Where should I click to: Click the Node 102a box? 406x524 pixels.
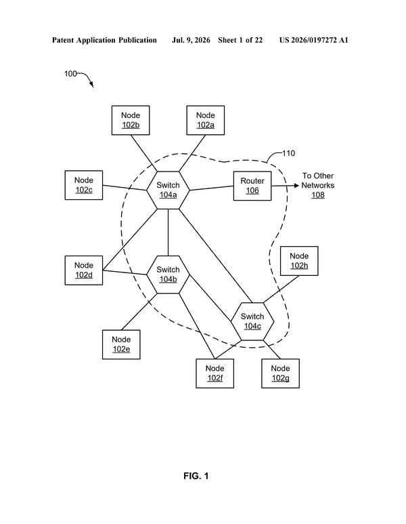pyautogui.click(x=205, y=120)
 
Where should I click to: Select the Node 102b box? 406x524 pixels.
pyautogui.click(x=131, y=120)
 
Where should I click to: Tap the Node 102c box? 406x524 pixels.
pyautogui.click(x=84, y=185)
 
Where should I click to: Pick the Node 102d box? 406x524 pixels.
pyautogui.click(x=84, y=270)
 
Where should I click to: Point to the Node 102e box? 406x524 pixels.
pyautogui.click(x=121, y=344)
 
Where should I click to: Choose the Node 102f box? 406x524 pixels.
pyautogui.click(x=215, y=374)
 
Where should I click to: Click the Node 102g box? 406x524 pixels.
pyautogui.click(x=280, y=374)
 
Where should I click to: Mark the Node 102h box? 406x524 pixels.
pyautogui.click(x=299, y=261)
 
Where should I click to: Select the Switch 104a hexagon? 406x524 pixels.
pyautogui.click(x=168, y=190)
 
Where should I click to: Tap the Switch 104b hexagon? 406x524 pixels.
pyautogui.click(x=168, y=275)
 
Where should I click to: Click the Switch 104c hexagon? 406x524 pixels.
pyautogui.click(x=252, y=321)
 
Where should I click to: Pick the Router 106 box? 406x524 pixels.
pyautogui.click(x=252, y=186)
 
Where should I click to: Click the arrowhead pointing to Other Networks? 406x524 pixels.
pyautogui.click(x=296, y=186)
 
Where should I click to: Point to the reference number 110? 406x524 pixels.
pyautogui.click(x=288, y=153)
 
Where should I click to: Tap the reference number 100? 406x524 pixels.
pyautogui.click(x=70, y=74)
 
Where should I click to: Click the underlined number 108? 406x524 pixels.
pyautogui.click(x=318, y=195)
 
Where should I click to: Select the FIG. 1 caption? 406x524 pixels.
pyautogui.click(x=196, y=476)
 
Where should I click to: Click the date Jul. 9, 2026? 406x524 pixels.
pyautogui.click(x=191, y=40)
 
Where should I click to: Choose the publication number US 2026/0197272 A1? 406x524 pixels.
pyautogui.click(x=313, y=40)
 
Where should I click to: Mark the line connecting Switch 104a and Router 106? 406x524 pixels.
pyautogui.click(x=212, y=188)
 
